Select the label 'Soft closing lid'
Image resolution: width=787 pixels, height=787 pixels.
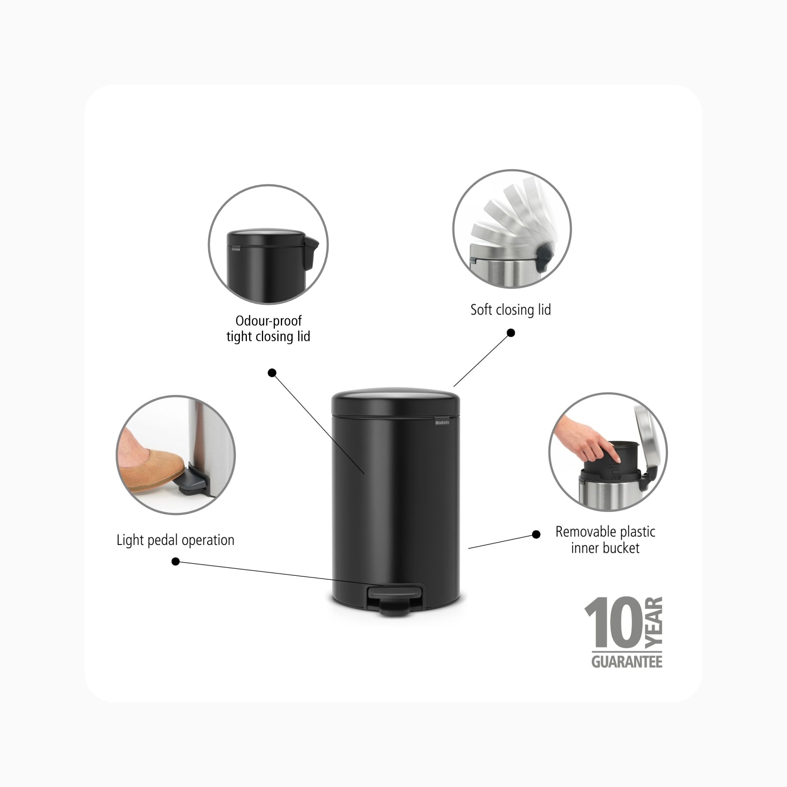tap(511, 310)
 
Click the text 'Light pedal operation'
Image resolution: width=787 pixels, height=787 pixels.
tap(175, 540)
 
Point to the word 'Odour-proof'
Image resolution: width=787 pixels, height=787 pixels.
tap(269, 321)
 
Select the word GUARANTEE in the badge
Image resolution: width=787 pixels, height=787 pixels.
tap(627, 662)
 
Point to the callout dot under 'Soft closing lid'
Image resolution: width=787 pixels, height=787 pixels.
tap(511, 333)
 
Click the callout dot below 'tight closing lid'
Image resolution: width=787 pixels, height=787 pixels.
tap(272, 373)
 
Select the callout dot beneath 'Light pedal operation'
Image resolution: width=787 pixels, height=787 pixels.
tap(175, 562)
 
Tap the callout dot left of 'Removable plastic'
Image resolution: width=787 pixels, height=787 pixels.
tap(536, 534)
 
